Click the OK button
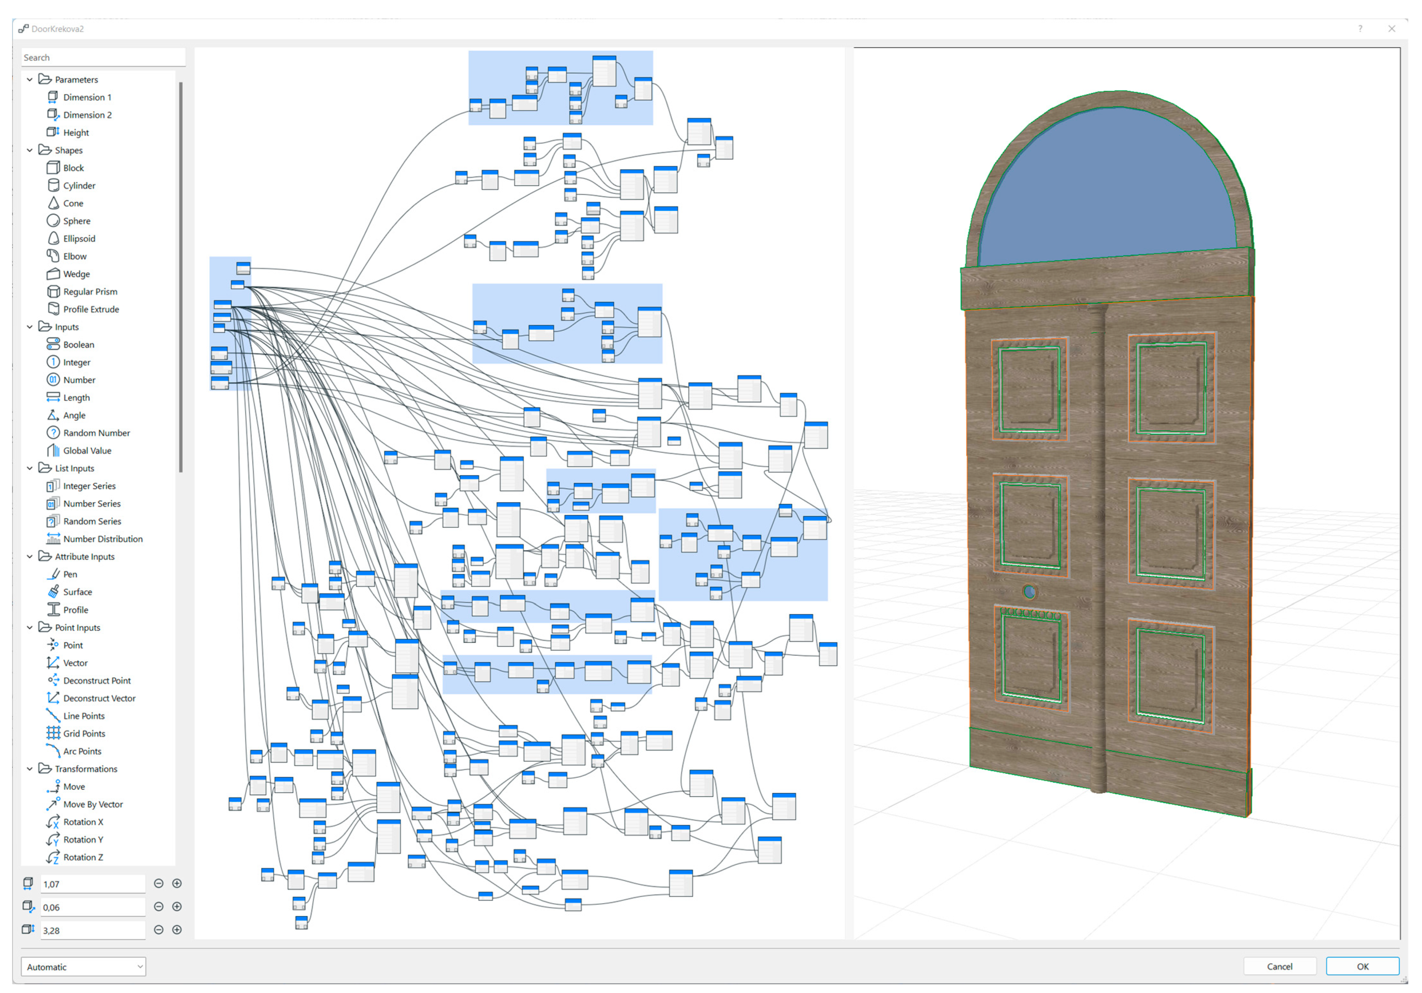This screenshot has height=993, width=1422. point(1362,966)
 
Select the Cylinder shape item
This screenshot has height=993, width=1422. point(79,186)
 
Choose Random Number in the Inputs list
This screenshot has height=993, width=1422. point(96,433)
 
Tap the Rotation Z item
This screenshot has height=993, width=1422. point(83,857)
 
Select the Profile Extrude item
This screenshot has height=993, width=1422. point(90,309)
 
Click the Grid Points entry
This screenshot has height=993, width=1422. point(84,733)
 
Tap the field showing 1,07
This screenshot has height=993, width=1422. point(92,884)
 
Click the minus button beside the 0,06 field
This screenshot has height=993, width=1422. point(158,907)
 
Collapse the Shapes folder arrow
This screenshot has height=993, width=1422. point(30,150)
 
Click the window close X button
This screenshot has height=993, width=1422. point(1391,28)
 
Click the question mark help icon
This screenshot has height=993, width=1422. point(1360,28)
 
